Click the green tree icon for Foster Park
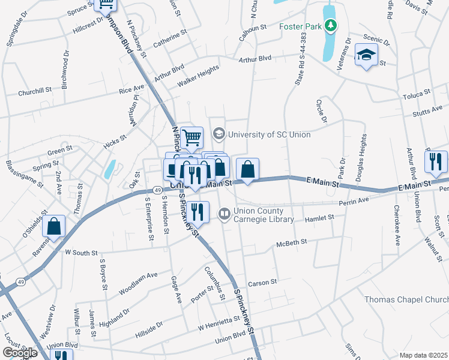click(x=330, y=26)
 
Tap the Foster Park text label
click(x=300, y=26)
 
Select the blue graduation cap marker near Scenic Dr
click(x=366, y=55)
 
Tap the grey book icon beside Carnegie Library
click(x=224, y=213)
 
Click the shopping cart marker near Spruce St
click(x=107, y=5)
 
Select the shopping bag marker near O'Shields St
click(x=54, y=227)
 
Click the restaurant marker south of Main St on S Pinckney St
click(x=196, y=212)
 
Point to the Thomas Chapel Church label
click(x=406, y=299)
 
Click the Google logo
click(x=19, y=353)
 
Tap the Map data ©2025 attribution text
click(x=423, y=355)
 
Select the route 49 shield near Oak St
click(x=155, y=190)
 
